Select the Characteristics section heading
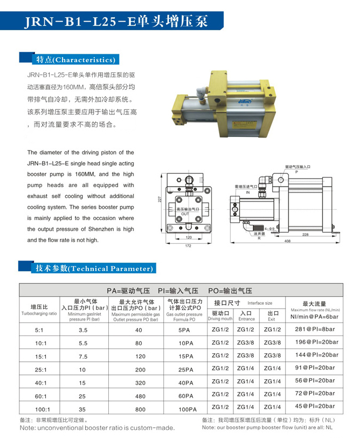[75, 59]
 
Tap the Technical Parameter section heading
[95, 268]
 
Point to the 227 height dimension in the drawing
[160, 199]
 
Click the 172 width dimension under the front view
[189, 247]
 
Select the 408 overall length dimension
[288, 241]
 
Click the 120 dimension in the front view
[189, 237]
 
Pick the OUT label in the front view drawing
[185, 214]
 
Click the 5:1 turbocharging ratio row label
[39, 329]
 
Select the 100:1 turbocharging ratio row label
[39, 409]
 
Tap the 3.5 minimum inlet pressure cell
[83, 329]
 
